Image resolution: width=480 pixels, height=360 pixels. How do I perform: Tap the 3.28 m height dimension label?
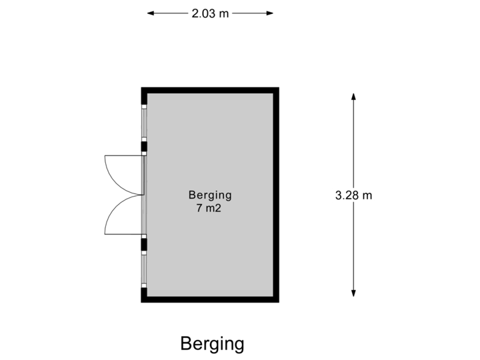coord(354,195)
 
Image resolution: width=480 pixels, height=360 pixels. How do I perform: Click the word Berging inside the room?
coord(210,195)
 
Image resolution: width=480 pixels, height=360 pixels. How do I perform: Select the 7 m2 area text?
coord(210,208)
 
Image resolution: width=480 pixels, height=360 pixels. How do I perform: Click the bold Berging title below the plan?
coord(213,344)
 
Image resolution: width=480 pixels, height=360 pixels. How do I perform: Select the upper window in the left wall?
coord(143,123)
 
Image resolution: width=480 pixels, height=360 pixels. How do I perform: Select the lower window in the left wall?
coord(143,267)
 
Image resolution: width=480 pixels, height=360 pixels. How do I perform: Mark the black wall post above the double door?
coord(143,147)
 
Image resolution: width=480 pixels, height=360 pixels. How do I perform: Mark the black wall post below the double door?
coord(143,244)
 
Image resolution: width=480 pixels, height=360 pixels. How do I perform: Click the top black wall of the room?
coord(210,90)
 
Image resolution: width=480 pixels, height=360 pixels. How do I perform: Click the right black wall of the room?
coord(276,195)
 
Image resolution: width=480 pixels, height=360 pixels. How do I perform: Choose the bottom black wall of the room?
coord(210,300)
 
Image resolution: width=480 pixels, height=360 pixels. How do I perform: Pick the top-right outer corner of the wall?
coord(278,88)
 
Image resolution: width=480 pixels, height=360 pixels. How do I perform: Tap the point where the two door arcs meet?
coord(142,195)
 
